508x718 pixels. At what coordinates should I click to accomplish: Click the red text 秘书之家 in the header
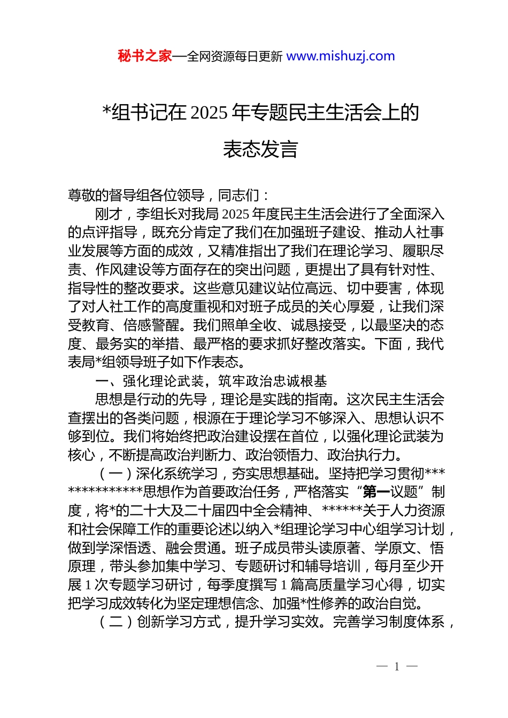144,56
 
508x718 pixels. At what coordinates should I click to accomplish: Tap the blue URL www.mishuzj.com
341,56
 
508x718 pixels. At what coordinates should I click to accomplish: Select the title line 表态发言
260,149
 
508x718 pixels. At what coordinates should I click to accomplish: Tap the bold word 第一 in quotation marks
376,492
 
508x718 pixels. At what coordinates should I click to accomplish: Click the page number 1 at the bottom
397,666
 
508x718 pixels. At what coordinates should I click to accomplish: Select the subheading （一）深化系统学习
157,473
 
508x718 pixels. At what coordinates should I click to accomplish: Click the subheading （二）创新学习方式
157,622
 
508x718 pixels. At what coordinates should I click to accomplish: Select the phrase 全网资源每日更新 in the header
235,56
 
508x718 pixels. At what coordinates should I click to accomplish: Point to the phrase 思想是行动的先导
151,400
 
